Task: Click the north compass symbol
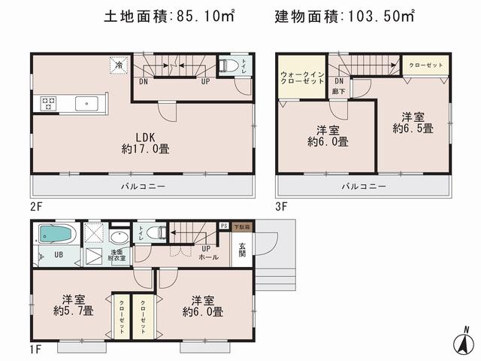click(x=465, y=341)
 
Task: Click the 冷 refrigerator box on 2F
click(x=119, y=65)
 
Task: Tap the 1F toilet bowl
click(x=154, y=232)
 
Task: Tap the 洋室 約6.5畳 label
click(x=413, y=123)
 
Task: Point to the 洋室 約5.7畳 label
click(x=74, y=304)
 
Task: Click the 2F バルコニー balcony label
click(x=143, y=185)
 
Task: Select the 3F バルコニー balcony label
click(x=364, y=185)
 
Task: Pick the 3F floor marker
click(x=282, y=203)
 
